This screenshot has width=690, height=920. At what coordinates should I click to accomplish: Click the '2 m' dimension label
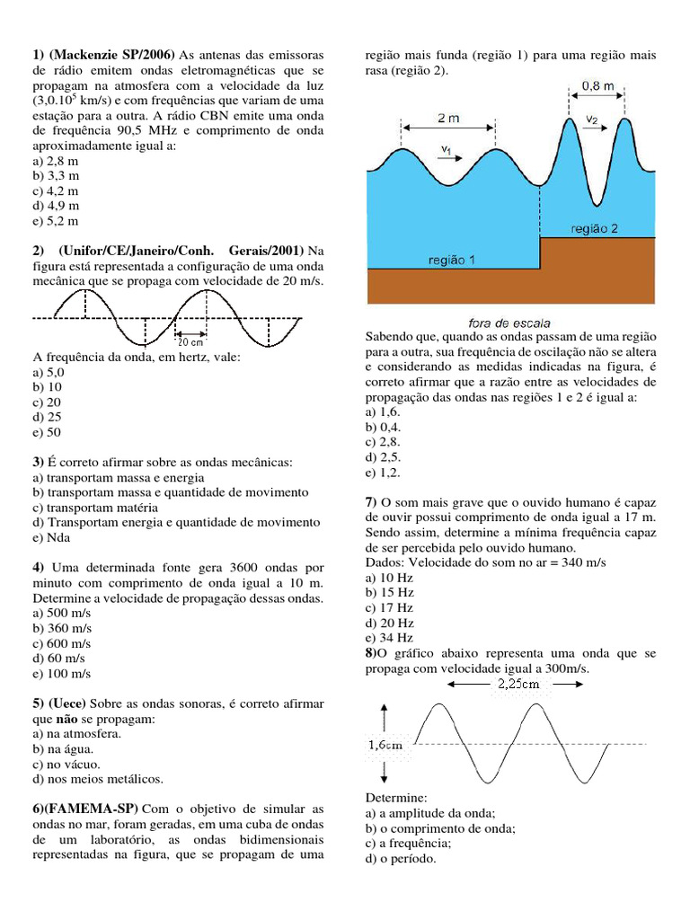pos(448,118)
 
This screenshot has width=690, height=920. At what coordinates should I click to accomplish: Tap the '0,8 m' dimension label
pos(598,86)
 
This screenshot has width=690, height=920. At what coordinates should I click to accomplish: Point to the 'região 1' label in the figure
pos(452,260)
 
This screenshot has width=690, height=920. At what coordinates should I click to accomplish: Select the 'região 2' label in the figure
pos(594,228)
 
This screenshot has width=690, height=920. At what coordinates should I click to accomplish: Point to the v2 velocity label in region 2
pos(591,118)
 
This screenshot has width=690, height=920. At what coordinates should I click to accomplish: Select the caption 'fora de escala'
pos(509,322)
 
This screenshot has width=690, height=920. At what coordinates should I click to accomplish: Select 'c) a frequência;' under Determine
pos(409,843)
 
